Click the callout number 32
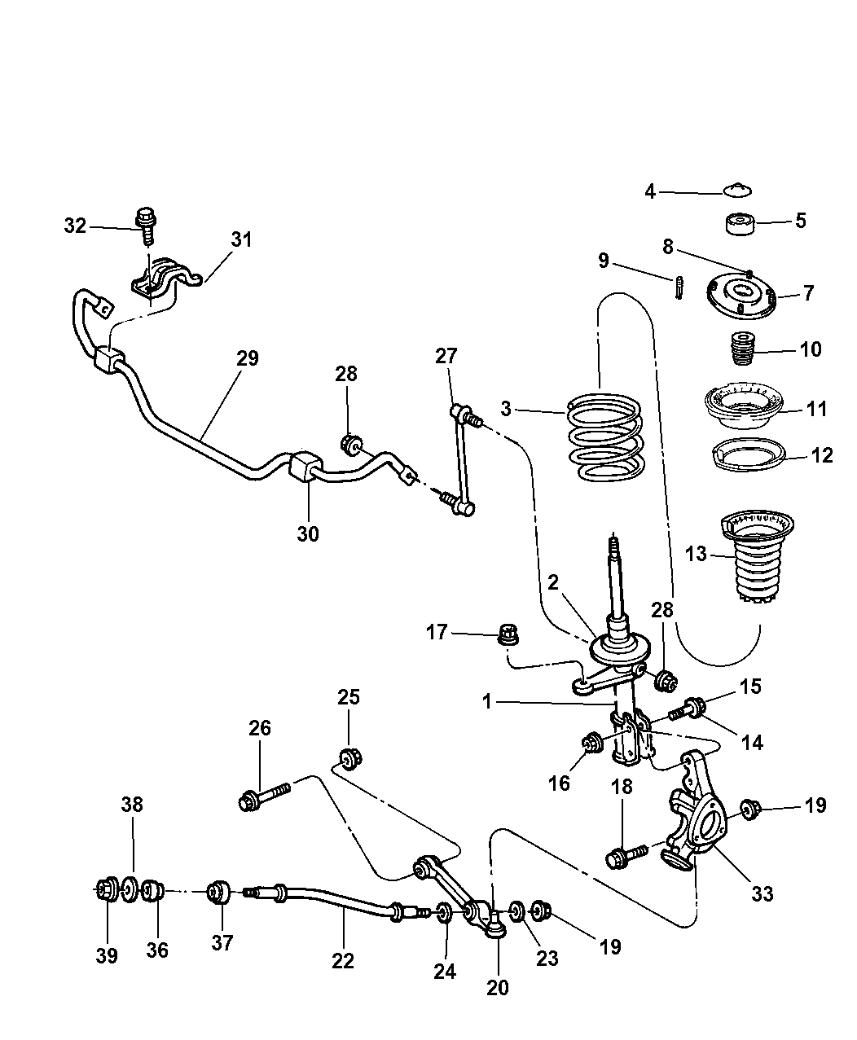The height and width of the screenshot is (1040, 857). (x=75, y=226)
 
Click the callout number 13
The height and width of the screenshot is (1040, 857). (x=697, y=555)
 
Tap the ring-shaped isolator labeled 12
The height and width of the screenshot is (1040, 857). (x=746, y=454)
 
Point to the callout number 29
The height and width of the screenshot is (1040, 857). (x=248, y=358)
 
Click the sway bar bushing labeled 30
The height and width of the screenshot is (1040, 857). (x=303, y=467)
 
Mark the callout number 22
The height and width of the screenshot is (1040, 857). (x=343, y=960)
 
